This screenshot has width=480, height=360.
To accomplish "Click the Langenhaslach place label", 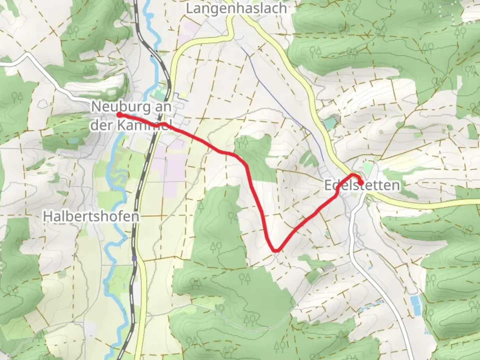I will [236, 8].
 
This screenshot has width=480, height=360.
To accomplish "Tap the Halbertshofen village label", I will [91, 217].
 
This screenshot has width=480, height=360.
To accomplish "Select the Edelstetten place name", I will [362, 185].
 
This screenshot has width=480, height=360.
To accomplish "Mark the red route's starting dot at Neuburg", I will [119, 115].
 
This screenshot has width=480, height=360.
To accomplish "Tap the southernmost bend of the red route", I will [275, 250].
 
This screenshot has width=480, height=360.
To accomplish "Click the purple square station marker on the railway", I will [134, 258].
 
